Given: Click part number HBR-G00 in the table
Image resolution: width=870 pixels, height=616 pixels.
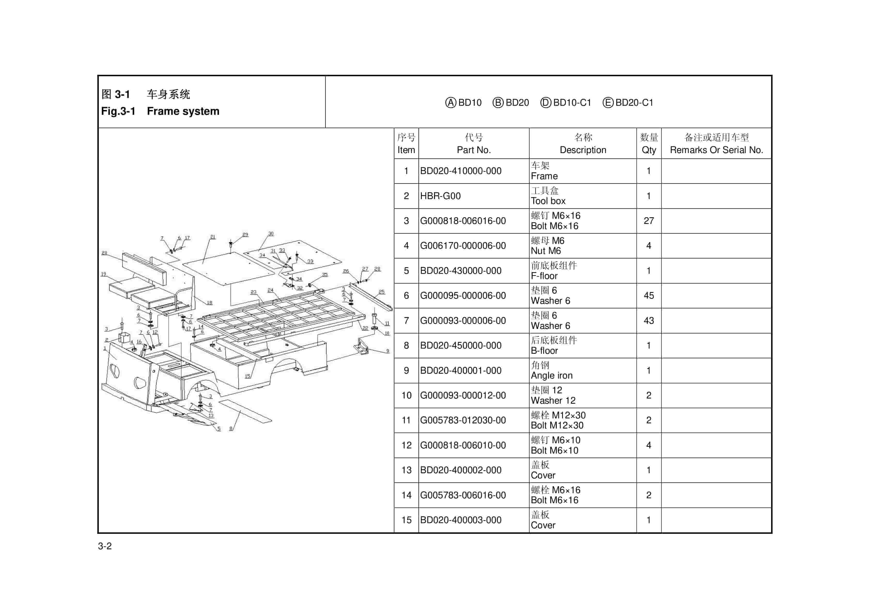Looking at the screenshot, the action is [440, 196].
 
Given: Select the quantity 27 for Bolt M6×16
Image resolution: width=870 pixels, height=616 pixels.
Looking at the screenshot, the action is [648, 221].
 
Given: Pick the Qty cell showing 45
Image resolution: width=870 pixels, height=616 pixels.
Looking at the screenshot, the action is [648, 296].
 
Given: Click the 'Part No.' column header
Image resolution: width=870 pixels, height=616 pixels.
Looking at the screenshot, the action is [474, 150].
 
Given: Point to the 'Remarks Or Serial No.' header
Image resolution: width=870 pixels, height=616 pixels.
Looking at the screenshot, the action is [716, 150].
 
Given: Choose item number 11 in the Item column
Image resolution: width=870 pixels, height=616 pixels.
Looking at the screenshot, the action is [406, 420].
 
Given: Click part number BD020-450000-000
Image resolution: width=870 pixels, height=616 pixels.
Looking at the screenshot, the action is [460, 345].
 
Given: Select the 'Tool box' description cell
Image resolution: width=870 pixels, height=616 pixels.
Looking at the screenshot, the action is [548, 201].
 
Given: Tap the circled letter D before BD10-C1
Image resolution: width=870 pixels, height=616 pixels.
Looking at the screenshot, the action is [545, 103].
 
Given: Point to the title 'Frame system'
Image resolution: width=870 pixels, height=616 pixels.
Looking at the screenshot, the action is [183, 111].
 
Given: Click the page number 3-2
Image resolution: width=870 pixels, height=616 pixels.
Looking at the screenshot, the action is [105, 546].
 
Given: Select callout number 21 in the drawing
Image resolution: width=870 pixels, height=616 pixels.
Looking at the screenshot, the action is [213, 237].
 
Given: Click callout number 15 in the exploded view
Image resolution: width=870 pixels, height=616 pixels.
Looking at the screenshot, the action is [247, 376].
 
